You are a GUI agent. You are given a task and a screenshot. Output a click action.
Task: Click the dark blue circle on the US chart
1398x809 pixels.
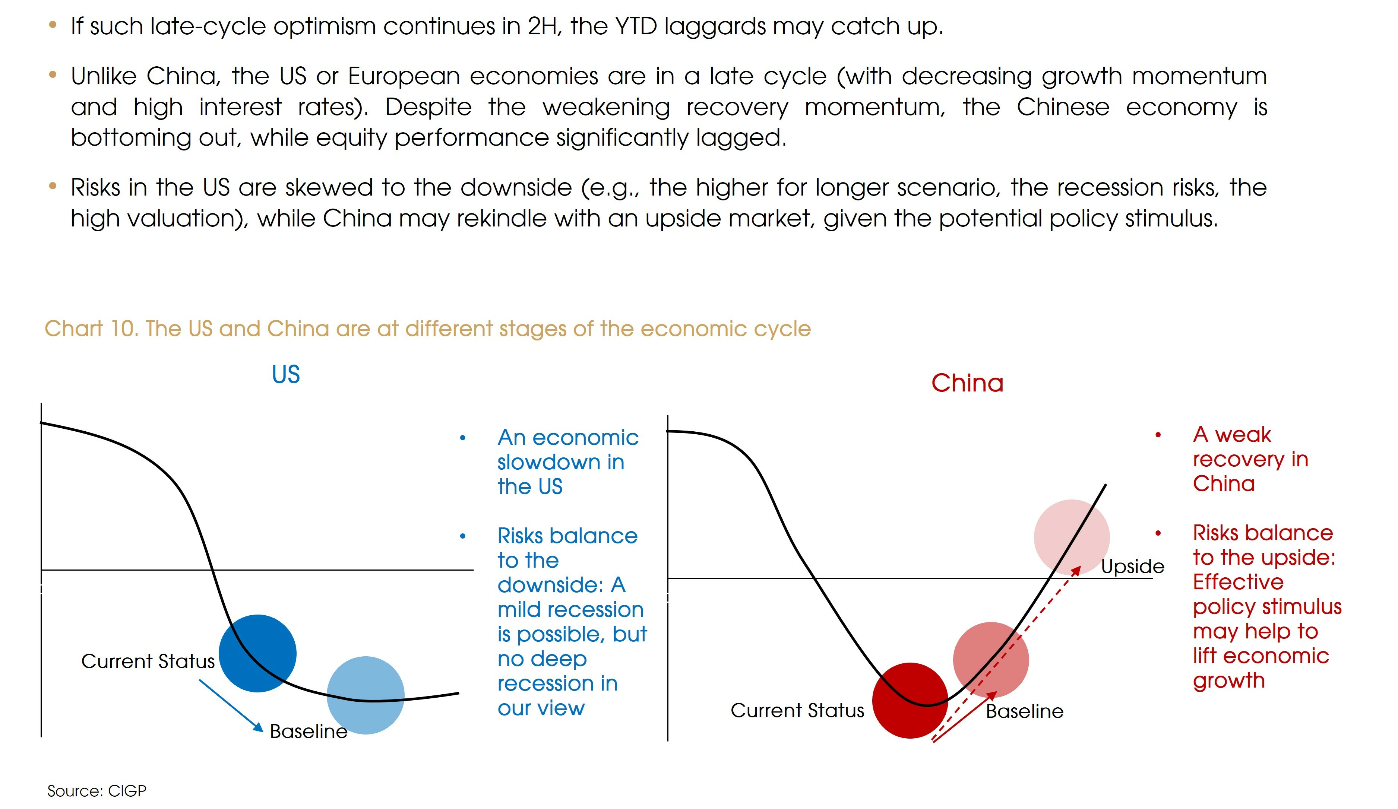pos(257,653)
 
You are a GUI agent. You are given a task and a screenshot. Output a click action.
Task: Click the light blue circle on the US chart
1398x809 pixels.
pos(366,695)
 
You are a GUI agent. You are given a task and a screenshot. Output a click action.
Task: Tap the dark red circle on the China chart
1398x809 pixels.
pos(910,700)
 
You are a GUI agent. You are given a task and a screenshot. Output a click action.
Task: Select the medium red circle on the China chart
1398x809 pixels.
pos(991,660)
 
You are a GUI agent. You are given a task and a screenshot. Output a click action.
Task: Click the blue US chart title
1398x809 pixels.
pos(286,374)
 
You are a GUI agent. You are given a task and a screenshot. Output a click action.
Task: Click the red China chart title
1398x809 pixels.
pos(968,383)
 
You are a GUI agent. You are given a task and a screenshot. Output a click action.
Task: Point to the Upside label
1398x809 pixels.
pos(1132,567)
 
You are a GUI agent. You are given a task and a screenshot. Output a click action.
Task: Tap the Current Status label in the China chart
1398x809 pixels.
pos(797,710)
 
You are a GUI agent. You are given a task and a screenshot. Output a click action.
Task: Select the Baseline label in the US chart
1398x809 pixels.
pos(309,732)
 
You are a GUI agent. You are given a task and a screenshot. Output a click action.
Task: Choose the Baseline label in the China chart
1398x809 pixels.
pos(1025,711)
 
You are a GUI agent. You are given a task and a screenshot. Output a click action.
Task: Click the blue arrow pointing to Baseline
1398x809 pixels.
pos(231,705)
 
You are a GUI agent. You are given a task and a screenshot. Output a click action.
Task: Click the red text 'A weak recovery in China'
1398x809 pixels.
pos(1250,459)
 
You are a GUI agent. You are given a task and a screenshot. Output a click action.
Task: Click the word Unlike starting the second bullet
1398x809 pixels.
pos(104,76)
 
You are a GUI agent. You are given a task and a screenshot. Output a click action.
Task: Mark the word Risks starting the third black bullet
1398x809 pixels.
pos(95,187)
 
